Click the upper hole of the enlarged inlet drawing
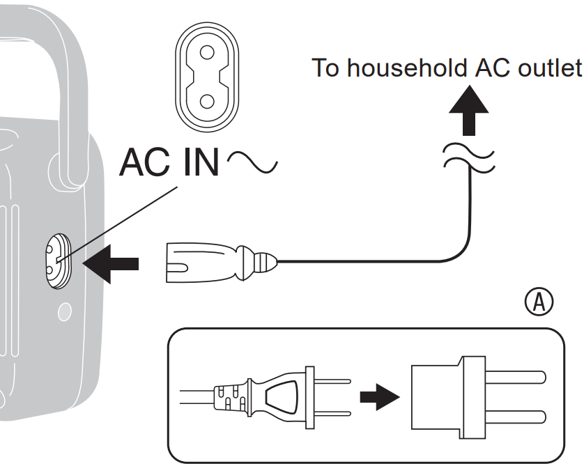(206, 52)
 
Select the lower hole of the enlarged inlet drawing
(206, 102)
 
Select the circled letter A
(539, 304)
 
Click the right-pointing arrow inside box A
(379, 397)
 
